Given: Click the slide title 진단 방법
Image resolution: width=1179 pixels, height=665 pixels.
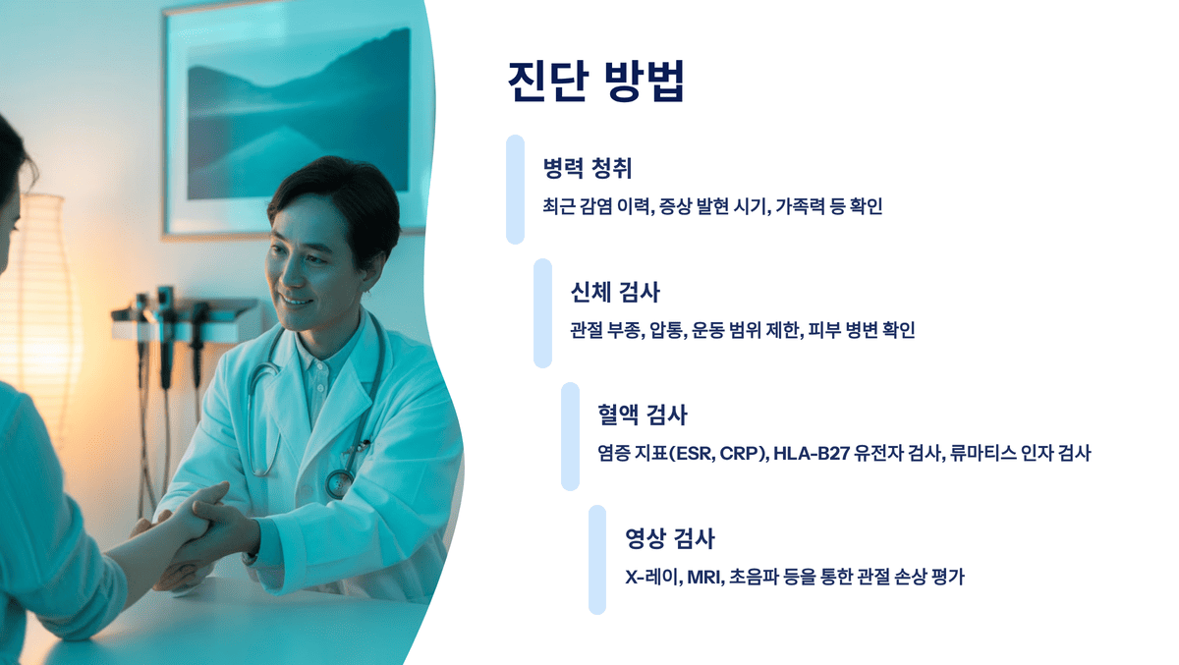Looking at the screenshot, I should point(595,82).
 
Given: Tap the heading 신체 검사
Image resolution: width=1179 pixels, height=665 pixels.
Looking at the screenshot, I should point(615,293).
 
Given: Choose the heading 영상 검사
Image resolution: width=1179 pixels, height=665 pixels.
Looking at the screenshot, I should point(670,538).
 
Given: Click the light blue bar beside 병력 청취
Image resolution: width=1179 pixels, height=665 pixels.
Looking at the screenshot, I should point(515,189).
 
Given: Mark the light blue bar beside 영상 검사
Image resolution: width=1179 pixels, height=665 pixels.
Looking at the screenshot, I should point(597,560).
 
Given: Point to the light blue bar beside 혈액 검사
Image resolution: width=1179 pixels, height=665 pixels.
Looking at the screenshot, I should point(570,436).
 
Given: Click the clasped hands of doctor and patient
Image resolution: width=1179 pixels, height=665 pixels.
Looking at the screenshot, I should point(201,526).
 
